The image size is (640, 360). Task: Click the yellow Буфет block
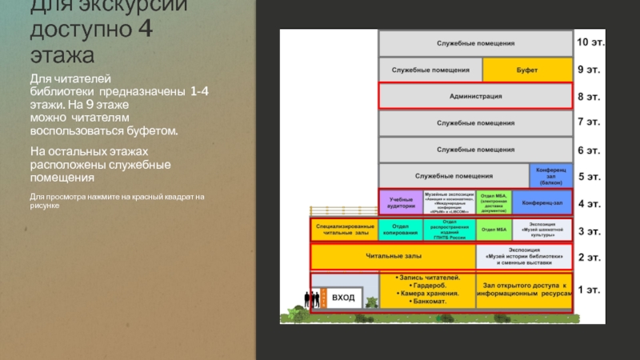[x=527, y=70]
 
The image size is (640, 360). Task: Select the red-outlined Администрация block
[x=475, y=96]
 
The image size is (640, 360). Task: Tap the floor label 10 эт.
[x=591, y=42]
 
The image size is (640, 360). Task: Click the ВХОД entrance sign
[x=343, y=298]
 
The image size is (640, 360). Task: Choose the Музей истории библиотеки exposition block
[x=524, y=257]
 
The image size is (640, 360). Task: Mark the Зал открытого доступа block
[x=524, y=290]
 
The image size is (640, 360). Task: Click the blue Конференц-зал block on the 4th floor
[x=542, y=202]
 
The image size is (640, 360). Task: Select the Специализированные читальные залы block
[x=343, y=230]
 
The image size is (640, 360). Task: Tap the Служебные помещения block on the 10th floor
[x=475, y=43]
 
